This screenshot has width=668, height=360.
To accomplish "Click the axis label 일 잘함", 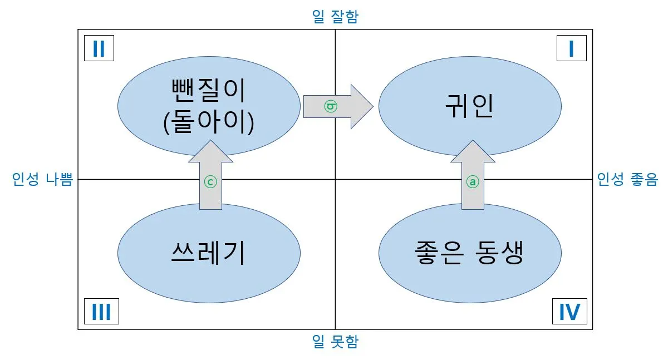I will point(335,17).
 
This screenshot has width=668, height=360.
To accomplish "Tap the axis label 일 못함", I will point(335,342).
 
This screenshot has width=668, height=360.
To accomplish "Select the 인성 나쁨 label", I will point(42,180).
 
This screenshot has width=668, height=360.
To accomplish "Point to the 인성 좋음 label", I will point(627,180).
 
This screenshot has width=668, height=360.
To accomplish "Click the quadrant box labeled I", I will point(572,50).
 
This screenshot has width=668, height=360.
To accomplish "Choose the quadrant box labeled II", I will point(99,50).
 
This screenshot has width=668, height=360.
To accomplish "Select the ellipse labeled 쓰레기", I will point(209,253).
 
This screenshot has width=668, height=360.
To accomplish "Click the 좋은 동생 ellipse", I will point(470,253).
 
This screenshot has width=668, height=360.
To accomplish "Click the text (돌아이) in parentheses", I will point(209,122).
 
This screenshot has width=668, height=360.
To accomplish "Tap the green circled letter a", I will point(471,182).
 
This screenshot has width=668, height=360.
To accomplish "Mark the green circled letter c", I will point(209,182).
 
